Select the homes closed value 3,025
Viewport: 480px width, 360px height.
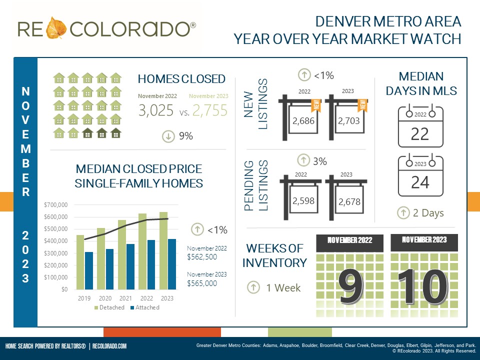pos(156,110)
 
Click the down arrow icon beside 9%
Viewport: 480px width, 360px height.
pos(168,135)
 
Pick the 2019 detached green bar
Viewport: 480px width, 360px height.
pos(80,262)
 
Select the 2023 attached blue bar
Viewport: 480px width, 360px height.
pos(171,264)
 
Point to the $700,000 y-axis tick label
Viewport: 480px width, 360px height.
pos(55,205)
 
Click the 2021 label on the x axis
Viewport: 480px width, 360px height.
pos(126,298)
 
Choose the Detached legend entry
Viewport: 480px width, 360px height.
pos(109,307)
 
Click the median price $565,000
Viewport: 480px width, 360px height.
pos(202,283)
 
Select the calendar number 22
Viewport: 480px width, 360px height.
pos(419,134)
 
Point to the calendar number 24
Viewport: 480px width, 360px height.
pos(419,182)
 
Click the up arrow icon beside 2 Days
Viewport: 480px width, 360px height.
pos(403,213)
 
